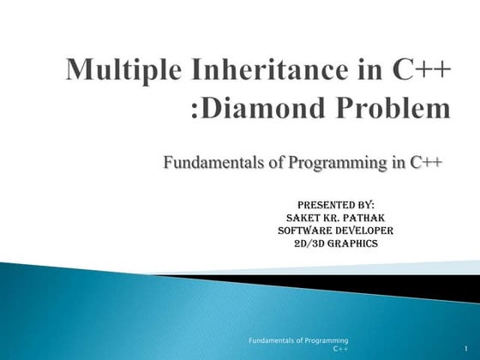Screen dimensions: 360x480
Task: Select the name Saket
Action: pyautogui.click(x=303, y=218)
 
